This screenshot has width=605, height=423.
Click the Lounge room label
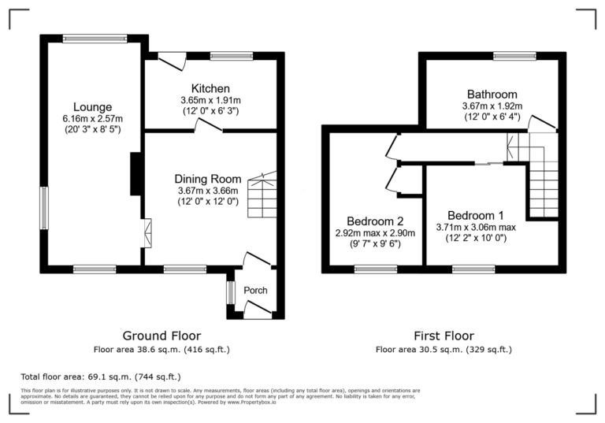coord(93,107)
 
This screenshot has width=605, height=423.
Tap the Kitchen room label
coord(210,88)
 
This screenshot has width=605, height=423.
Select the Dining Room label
coord(208,179)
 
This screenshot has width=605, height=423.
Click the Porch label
coord(255,291)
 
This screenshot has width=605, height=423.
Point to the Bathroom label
coord(492,94)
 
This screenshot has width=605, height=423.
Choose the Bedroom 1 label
coord(475,215)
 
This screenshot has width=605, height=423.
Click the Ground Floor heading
coord(162,336)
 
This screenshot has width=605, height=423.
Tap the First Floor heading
coord(444,336)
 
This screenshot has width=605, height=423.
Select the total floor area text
coord(100,377)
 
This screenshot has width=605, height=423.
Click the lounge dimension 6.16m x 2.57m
coord(93,119)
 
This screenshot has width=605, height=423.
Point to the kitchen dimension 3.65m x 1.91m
coord(210,101)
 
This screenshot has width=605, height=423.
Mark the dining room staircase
coord(263,196)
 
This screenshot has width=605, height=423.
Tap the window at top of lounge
coord(95,38)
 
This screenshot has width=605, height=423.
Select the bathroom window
coord(515,56)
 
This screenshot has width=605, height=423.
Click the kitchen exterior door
coord(172,60)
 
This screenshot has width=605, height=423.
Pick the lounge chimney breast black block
coord(135,173)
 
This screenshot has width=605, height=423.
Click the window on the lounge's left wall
coord(45,207)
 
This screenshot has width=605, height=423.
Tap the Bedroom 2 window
coord(375,269)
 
